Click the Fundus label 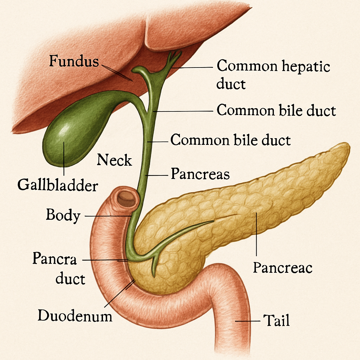(74, 61)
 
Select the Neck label (114, 160)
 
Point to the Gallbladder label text (57, 185)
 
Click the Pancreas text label (200, 174)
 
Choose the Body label (63, 215)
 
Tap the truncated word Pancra (54, 259)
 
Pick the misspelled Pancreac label (283, 268)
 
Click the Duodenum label (75, 315)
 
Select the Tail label (276, 321)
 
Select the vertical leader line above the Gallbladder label (64, 158)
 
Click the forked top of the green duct (174, 56)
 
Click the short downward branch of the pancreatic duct (154, 267)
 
